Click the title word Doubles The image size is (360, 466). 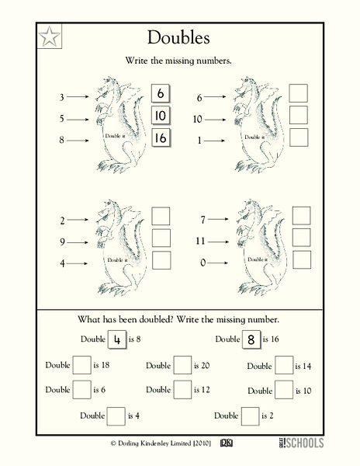click(181, 38)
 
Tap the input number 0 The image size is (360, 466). click(202, 263)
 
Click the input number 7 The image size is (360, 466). click(202, 221)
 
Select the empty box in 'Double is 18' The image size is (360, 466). click(81, 366)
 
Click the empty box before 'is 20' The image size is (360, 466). click(182, 366)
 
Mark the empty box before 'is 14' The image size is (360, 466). click(284, 366)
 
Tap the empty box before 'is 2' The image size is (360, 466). click(251, 416)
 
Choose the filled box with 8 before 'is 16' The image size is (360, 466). click(251, 339)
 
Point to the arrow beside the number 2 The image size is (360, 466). click(80, 221)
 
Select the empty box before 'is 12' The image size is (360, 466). click(182, 390)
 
